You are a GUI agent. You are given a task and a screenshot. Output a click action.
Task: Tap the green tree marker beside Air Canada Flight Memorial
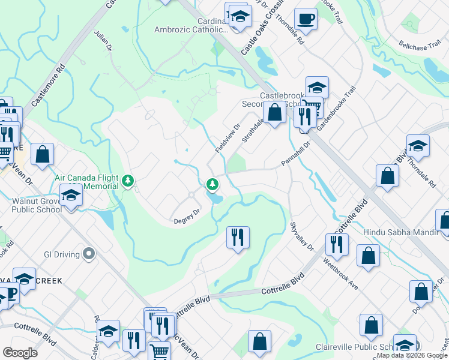127,180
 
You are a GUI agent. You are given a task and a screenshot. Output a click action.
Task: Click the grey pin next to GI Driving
89,254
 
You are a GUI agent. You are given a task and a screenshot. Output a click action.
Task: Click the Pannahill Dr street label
295,155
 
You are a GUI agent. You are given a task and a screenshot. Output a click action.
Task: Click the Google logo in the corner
20,352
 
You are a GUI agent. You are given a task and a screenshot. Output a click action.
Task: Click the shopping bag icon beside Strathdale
275,112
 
